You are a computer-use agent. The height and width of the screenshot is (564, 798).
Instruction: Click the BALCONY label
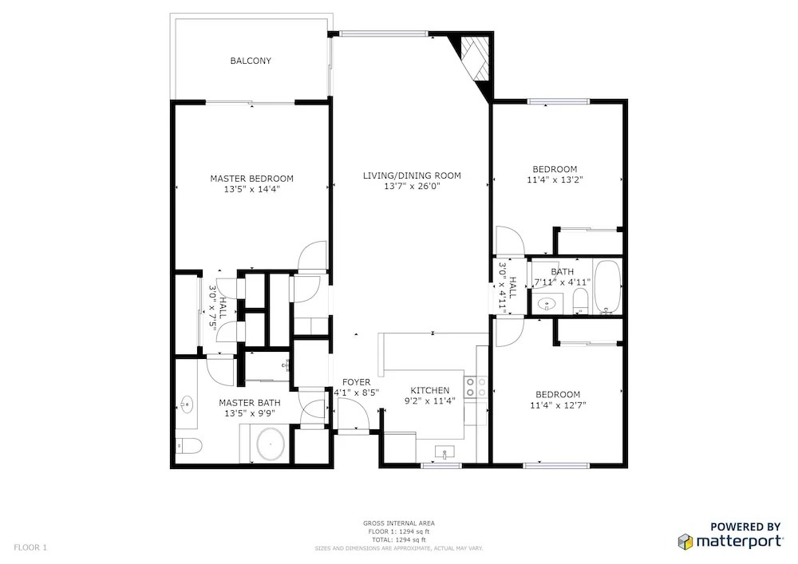251,61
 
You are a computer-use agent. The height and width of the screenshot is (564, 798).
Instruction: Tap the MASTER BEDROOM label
251,179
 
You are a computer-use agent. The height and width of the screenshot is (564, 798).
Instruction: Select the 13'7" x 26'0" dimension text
412,187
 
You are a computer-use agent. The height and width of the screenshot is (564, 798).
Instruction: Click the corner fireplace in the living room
475,58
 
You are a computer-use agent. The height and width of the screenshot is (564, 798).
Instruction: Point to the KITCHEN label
430,391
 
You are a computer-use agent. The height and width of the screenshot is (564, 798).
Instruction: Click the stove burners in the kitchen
476,387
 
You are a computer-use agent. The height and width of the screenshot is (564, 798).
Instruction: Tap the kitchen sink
444,452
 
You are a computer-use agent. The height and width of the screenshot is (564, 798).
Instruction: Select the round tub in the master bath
271,444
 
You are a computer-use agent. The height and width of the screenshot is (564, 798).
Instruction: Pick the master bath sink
186,405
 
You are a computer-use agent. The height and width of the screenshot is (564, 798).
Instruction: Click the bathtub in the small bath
607,287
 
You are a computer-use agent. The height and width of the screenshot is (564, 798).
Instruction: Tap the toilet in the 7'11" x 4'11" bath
581,301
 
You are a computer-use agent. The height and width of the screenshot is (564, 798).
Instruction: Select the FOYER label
356,382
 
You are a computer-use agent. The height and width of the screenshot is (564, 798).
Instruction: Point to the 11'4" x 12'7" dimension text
558,406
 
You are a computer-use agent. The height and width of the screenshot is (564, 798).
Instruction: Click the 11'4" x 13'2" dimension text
555,180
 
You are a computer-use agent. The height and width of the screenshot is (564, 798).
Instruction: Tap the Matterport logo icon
685,542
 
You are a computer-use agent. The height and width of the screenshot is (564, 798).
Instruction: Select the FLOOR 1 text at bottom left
30,548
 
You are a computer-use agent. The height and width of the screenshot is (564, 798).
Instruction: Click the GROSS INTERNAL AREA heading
398,523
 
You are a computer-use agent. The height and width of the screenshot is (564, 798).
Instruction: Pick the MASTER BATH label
249,403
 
